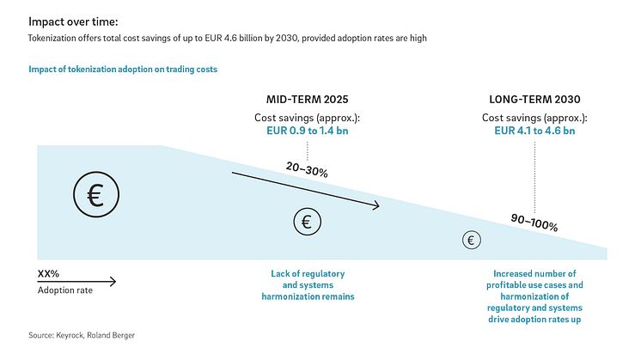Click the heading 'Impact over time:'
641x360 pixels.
pos(73,21)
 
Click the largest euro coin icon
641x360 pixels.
pos(96,194)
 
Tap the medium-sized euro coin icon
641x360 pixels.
pos(308,222)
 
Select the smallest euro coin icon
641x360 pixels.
pos(472,240)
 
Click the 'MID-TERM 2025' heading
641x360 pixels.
pos(308,100)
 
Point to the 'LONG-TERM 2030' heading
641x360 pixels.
pos(534,100)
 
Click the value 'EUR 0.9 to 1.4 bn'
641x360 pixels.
pos(308,131)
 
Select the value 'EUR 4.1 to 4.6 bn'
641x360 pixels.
pos(534,131)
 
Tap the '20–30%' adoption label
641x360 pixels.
pos(307,169)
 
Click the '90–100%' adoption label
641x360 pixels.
pos(534,223)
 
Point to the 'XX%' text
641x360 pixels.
pos(48,274)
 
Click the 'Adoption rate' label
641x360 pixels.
pos(65,290)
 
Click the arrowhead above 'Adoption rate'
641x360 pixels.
pos(113,281)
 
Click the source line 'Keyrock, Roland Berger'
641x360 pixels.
pos(95,335)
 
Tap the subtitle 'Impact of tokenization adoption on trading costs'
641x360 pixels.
pos(123,70)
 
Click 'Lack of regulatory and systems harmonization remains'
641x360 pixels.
pos(308,285)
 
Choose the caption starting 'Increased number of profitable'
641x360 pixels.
pos(534,296)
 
